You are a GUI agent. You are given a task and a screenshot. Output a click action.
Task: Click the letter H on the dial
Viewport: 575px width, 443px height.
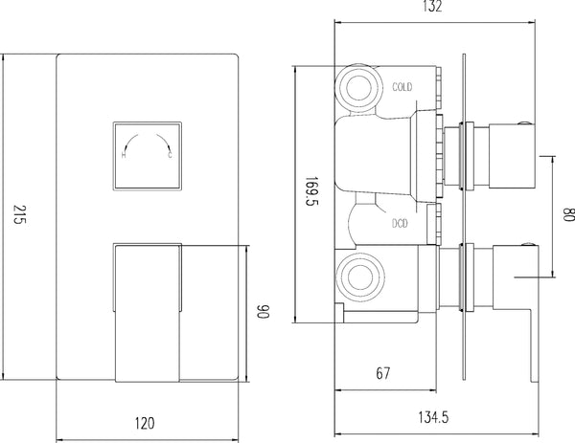pos(124,157)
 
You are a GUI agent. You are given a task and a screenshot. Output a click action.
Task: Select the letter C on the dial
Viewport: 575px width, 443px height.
pos(169,157)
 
